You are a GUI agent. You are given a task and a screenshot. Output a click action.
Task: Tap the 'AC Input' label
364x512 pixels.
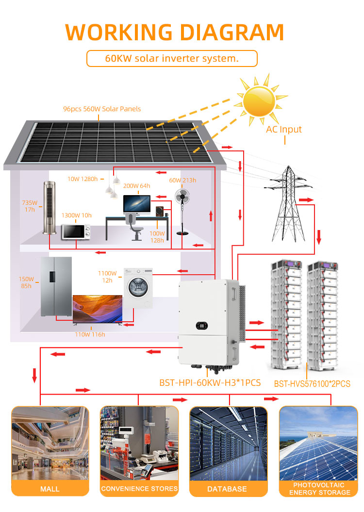[284, 130]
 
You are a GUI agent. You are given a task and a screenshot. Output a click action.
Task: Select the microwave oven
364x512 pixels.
[75, 231]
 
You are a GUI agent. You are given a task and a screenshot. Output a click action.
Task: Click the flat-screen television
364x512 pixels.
[97, 309]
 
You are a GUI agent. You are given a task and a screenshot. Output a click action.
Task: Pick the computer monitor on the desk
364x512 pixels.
[136, 204]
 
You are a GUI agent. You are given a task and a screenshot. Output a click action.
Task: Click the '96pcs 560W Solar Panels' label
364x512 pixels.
[102, 109]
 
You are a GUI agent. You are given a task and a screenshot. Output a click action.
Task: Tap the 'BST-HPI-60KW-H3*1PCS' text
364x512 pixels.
[210, 383]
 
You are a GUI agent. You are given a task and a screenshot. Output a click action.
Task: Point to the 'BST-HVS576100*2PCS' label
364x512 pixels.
[312, 384]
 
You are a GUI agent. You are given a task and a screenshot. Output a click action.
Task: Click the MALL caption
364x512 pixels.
[50, 489]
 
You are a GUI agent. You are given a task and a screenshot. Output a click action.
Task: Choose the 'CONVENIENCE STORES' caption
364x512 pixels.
[139, 488]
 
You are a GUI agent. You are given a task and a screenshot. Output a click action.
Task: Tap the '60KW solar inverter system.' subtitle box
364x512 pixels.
[172, 59]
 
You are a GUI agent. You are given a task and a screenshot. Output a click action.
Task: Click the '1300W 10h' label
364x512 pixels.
[76, 215]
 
